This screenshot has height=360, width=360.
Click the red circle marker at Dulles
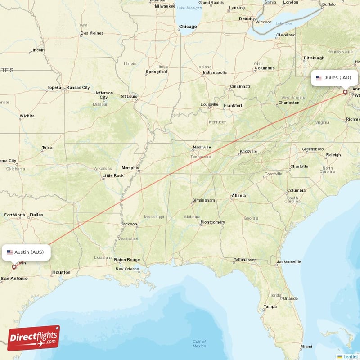(x=345, y=92)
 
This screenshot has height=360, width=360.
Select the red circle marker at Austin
(x=14, y=266)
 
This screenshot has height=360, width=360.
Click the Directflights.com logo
(x=34, y=338)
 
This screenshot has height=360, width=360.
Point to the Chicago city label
(x=188, y=27)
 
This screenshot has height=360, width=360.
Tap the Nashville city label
(x=202, y=147)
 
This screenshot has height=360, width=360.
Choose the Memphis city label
(x=130, y=167)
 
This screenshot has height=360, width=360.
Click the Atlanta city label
(x=238, y=196)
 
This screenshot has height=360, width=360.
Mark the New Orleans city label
(x=127, y=269)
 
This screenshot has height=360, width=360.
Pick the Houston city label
(x=61, y=272)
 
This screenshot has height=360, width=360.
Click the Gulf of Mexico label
(x=199, y=344)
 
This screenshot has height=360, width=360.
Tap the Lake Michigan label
(x=189, y=8)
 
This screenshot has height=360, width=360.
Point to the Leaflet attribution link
(x=350, y=356)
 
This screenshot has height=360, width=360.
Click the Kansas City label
(x=78, y=87)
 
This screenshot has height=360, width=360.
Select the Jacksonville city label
(x=289, y=261)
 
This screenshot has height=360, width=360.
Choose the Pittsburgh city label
(x=314, y=58)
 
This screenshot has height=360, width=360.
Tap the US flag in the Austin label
(x=9, y=252)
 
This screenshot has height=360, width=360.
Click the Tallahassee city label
(x=245, y=260)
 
